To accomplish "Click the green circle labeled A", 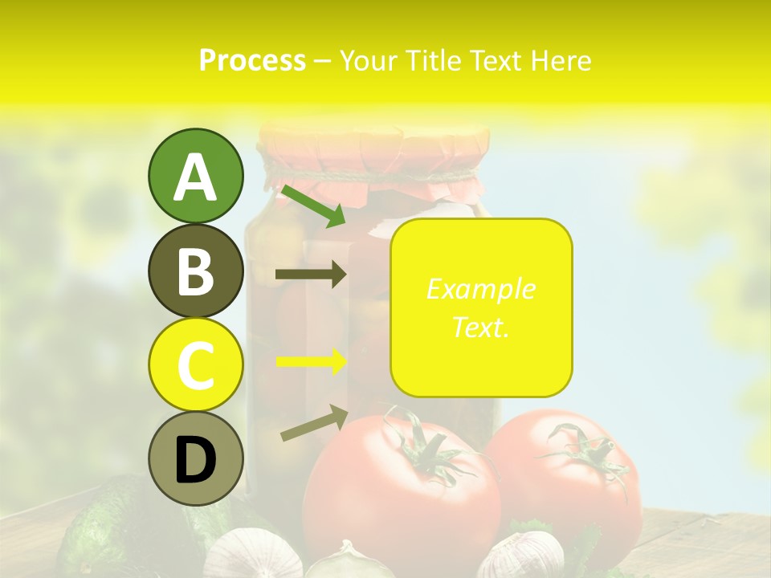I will [195, 176].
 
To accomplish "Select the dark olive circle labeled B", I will [195, 271].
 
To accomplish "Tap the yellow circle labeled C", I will [195, 364].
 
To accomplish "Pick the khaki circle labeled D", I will [195, 459].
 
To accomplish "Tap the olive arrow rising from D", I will [314, 423].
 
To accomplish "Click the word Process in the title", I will [252, 60].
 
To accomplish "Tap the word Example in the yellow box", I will [481, 289].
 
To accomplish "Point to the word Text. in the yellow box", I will [481, 327].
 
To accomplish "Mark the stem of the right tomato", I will [583, 450].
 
